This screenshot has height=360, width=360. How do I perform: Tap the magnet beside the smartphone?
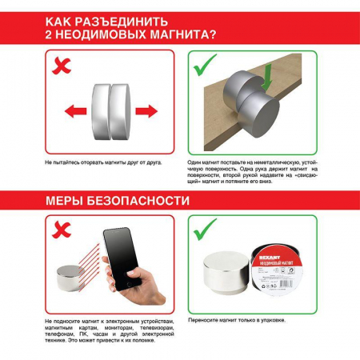click(x=70, y=279)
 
